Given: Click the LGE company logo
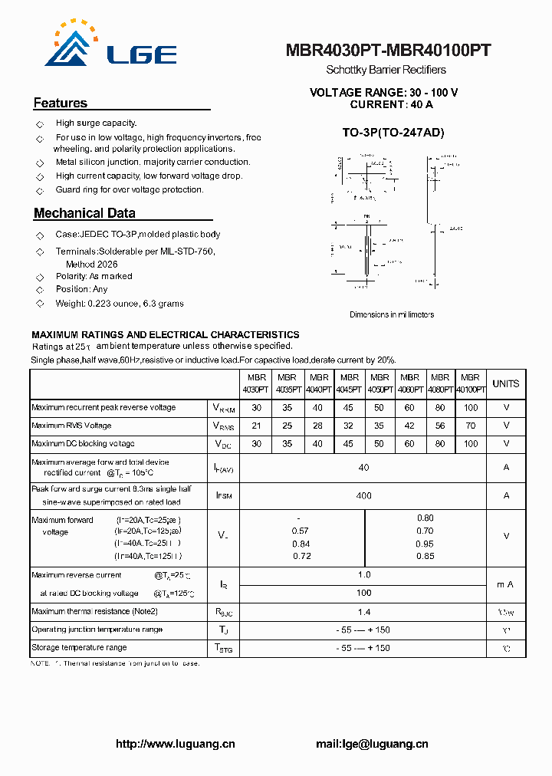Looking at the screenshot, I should (107, 46).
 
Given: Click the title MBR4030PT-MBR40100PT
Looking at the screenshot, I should (388, 51).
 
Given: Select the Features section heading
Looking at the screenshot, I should (61, 103).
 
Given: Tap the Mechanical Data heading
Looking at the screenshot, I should (84, 213).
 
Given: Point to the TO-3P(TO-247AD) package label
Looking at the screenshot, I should (393, 133).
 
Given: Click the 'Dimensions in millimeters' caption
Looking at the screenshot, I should (392, 314).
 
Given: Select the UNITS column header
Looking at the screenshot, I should (505, 383).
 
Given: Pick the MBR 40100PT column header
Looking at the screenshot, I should (470, 383).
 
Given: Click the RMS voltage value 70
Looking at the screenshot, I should (470, 425).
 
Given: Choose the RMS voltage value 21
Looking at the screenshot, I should (256, 425).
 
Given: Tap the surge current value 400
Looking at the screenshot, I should (363, 495).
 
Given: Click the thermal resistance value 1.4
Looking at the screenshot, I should (363, 611).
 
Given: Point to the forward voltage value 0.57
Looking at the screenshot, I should (301, 531).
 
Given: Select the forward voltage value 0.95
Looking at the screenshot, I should (425, 544).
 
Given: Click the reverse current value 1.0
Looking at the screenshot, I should (363, 574).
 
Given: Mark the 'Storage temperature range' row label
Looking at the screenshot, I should (79, 648).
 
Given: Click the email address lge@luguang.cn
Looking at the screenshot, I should (372, 744).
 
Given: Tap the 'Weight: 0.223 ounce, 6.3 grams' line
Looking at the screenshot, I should (119, 304).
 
